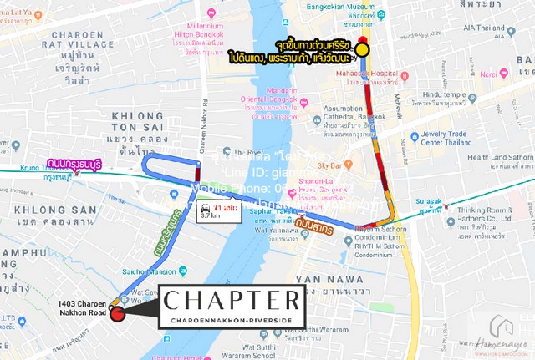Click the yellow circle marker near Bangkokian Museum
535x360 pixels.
click(363, 50)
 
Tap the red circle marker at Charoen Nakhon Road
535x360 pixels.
click(117, 313)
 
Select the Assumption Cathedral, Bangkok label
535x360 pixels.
click(343, 114)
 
